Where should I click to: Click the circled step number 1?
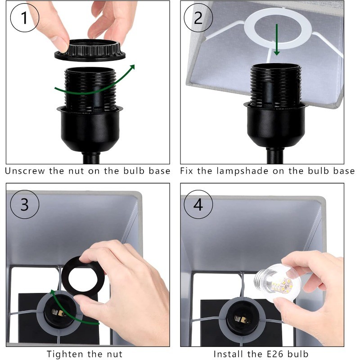point(25,18)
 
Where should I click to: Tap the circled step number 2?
point(198,18)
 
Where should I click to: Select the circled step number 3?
point(25,204)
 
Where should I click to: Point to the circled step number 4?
point(198,204)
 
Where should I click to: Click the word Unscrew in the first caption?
point(25,171)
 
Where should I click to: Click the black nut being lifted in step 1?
point(90,50)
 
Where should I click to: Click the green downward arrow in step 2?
point(277,40)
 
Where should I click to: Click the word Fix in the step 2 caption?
point(186,171)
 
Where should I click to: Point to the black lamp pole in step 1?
point(91,158)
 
